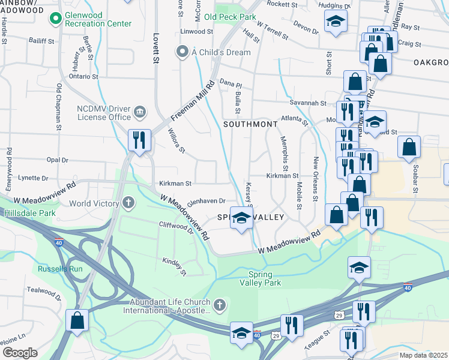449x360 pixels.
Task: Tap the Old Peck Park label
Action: coord(230,17)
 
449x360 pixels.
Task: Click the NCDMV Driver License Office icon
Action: coord(139,112)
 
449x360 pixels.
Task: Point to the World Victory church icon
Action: coord(128,203)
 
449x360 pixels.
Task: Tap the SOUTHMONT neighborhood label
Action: coord(250,124)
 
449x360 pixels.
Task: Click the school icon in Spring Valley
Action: coord(241,219)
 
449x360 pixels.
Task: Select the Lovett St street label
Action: coord(155,48)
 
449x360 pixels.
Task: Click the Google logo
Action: coord(20,352)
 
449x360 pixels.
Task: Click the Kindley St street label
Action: coord(175,267)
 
